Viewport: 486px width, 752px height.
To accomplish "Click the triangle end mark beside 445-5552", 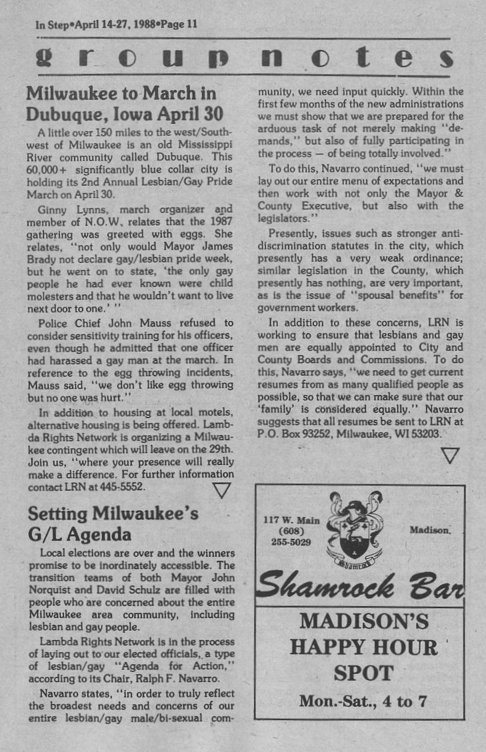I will coord(221,491).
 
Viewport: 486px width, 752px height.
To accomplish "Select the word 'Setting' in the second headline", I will coord(59,514).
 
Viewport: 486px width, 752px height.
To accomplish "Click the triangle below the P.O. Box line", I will coord(451,456).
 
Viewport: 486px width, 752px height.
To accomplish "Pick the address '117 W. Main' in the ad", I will coord(292,520).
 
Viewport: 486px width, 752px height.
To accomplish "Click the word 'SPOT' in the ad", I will coord(363,673).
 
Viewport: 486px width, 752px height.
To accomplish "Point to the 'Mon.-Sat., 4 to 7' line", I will coord(363,701).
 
